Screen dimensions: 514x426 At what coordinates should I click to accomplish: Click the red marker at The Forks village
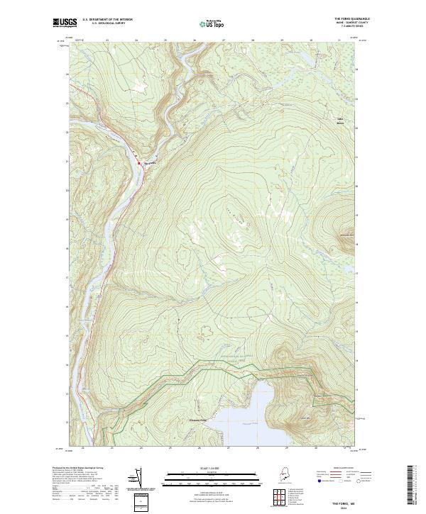pos(139,164)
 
